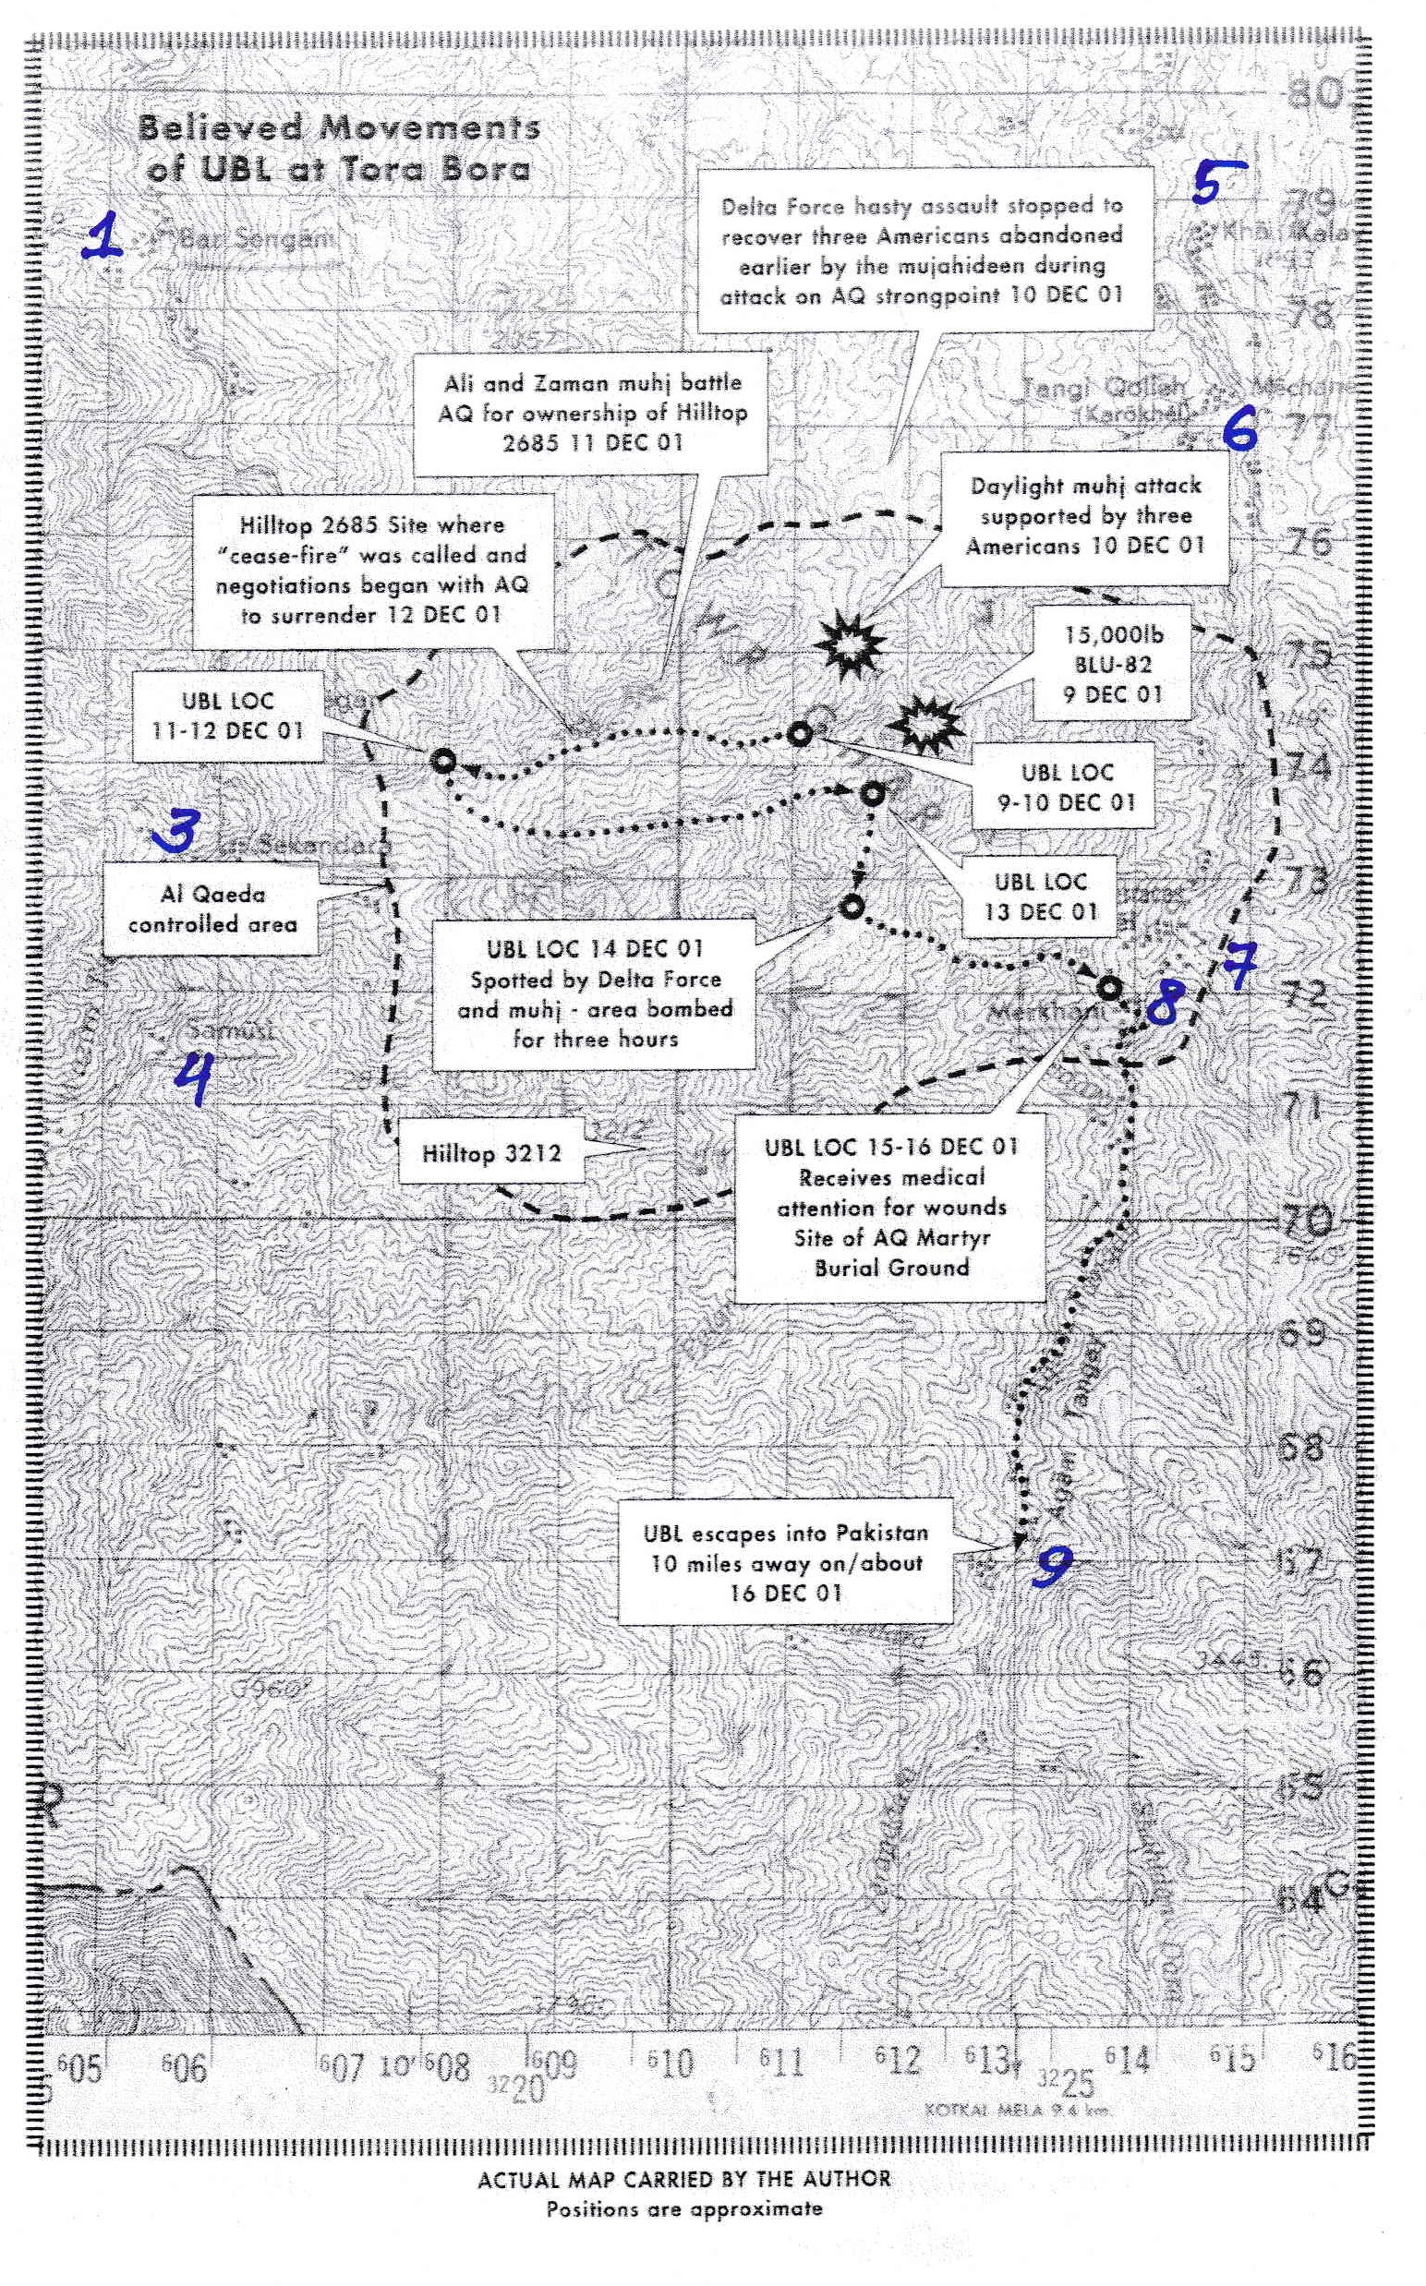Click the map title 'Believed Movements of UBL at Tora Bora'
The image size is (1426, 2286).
[x=338, y=148]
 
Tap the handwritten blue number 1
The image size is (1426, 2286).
[x=103, y=235]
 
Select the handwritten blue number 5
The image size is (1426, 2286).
[x=1215, y=181]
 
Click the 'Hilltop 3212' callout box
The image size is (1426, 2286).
[x=490, y=1153]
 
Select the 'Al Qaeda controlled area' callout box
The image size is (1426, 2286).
[x=212, y=909]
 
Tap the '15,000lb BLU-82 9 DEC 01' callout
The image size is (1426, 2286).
[x=1112, y=665]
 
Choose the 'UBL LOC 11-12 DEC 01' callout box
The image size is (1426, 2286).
[x=227, y=716]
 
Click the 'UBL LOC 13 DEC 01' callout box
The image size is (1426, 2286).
[x=1040, y=896]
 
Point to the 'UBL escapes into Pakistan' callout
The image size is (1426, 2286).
[x=785, y=1563]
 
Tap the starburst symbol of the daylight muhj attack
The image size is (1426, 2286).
[x=851, y=644]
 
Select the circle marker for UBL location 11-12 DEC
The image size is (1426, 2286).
[x=442, y=761]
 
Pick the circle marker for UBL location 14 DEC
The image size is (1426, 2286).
[x=851, y=907]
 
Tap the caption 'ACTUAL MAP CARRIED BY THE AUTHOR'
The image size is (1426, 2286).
[x=683, y=2180]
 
